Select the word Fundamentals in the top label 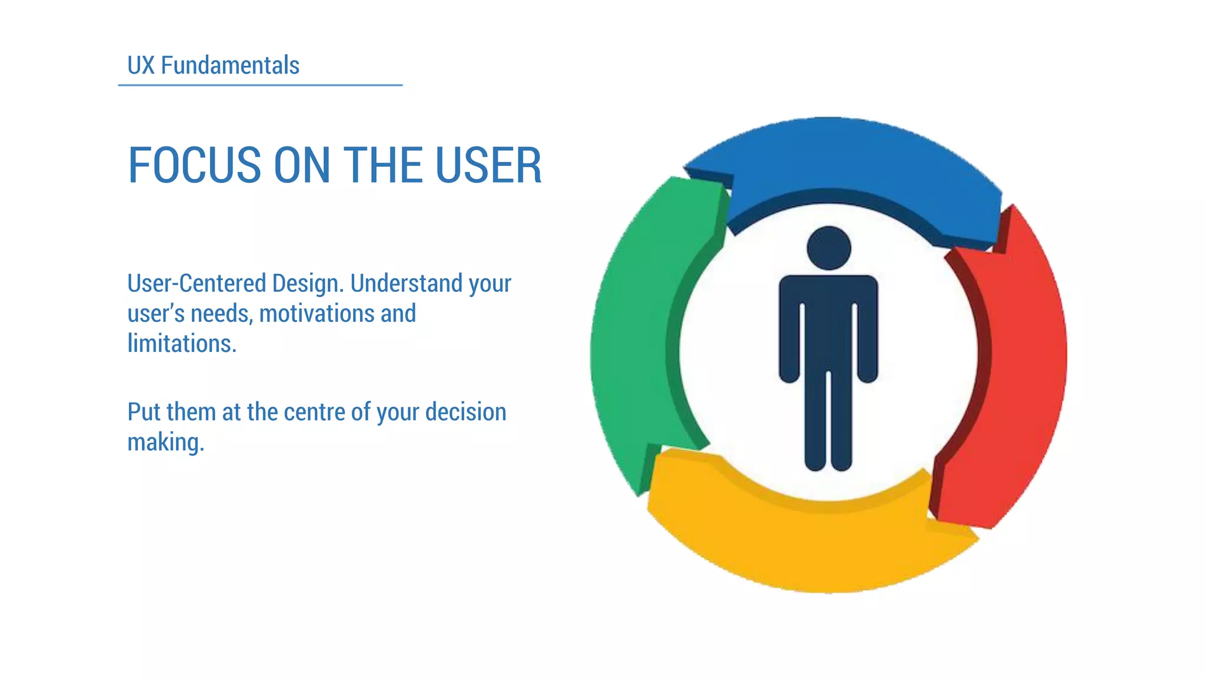pos(230,65)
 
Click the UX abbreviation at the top pos(141,65)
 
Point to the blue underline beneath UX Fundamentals pos(260,85)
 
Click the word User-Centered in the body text pos(197,283)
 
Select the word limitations pos(181,344)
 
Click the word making pos(165,443)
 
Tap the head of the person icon pos(828,248)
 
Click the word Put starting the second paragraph pos(144,412)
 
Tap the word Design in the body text pos(307,283)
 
